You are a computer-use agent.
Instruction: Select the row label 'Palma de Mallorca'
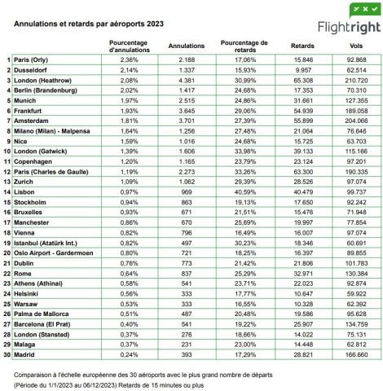(46, 291)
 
